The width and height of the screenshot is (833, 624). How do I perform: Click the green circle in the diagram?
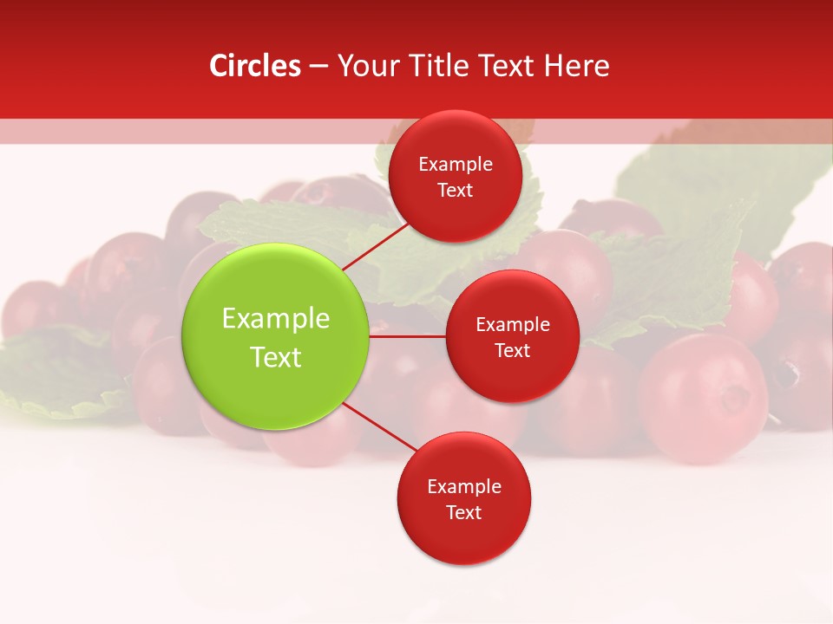tap(276, 336)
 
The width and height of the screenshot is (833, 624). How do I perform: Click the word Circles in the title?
tap(255, 66)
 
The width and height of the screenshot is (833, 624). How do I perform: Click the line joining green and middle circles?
tap(408, 335)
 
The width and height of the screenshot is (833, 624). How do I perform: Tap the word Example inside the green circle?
tap(276, 319)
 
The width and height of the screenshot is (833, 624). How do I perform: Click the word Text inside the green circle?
tap(276, 357)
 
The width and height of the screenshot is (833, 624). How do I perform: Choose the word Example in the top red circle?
tap(456, 165)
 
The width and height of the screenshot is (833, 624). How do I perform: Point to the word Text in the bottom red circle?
tap(463, 512)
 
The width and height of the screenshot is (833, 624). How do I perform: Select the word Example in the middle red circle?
tap(513, 325)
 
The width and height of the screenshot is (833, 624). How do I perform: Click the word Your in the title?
tap(364, 66)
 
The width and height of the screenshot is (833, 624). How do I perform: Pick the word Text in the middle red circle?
tap(513, 350)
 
